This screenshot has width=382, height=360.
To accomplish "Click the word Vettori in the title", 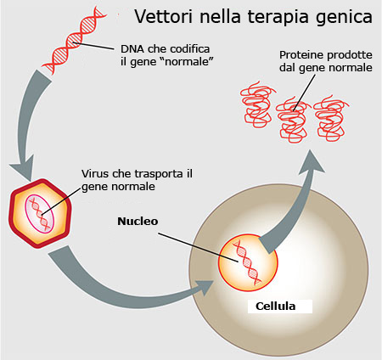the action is [x=163, y=16].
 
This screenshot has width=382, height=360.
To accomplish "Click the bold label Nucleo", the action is [x=138, y=221].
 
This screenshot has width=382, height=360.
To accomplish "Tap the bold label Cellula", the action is [x=275, y=306].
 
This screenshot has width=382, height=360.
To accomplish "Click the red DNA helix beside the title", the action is [x=74, y=41].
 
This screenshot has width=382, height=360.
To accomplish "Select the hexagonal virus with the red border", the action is [x=40, y=214].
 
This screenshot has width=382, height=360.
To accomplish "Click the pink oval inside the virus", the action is [x=39, y=214].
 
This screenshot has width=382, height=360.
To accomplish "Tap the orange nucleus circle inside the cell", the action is [x=248, y=262].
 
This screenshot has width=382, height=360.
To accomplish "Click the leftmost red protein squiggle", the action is [x=257, y=104].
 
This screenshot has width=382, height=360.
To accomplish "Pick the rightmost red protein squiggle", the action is [x=330, y=118].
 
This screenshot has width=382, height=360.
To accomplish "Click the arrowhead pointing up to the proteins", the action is [x=312, y=163].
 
